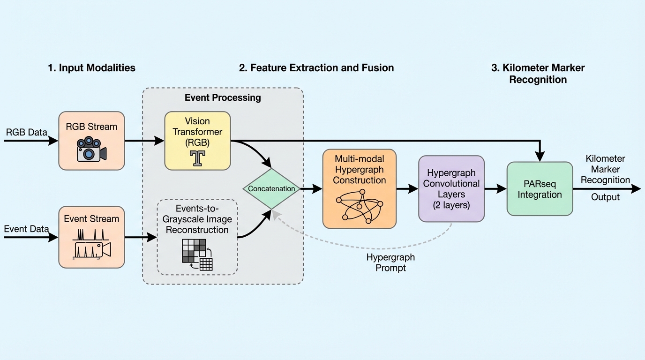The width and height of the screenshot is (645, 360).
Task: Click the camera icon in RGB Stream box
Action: [x=91, y=150]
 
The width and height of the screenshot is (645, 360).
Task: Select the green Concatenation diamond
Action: [x=271, y=189]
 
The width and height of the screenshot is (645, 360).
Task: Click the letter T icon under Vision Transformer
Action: [x=197, y=158]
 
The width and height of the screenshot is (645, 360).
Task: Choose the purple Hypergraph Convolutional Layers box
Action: [x=451, y=188]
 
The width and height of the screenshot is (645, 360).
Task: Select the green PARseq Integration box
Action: [x=540, y=188]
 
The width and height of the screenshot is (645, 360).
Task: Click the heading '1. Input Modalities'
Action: [x=91, y=67]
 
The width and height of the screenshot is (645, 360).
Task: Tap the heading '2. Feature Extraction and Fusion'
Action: [x=316, y=67]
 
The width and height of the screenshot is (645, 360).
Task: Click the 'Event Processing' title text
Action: [x=223, y=97]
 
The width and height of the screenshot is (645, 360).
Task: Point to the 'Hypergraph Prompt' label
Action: [x=390, y=262]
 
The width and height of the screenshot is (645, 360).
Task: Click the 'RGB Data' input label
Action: [x=26, y=132]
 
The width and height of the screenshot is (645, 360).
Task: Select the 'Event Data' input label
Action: [x=26, y=229]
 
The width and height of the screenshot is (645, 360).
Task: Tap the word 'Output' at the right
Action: [x=605, y=197]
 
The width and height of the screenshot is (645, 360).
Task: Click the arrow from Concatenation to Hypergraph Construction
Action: [x=312, y=189]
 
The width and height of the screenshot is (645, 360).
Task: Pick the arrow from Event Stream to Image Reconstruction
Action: [x=141, y=238]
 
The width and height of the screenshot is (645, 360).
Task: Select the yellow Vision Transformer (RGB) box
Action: [x=197, y=140]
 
